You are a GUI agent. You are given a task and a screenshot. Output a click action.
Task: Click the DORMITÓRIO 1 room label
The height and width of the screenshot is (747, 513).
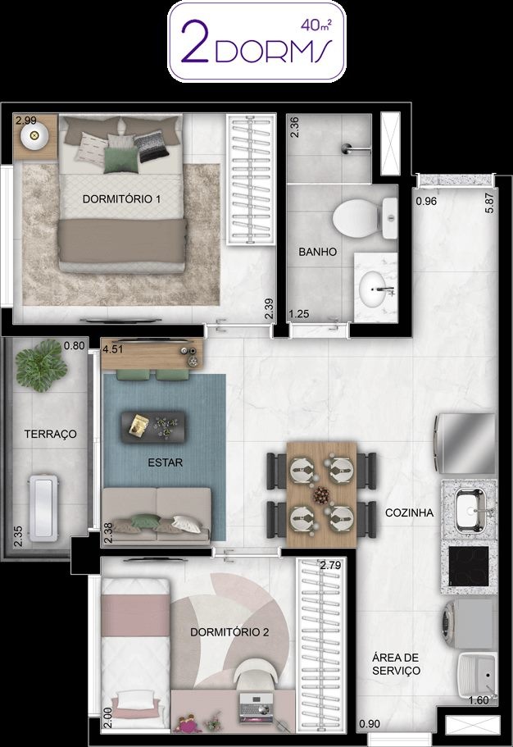(x=121, y=198)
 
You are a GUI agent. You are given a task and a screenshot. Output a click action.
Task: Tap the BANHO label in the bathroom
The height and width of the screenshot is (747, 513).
(x=318, y=252)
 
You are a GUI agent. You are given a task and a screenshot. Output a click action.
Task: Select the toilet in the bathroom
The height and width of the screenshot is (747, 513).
(x=365, y=219)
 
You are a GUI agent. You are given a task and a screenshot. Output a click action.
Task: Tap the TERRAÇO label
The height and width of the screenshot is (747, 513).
(x=51, y=434)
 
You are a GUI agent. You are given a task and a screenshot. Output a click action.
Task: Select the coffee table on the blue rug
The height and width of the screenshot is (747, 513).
(x=153, y=427)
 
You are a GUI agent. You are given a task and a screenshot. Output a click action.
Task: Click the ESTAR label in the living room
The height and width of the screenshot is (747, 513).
(x=166, y=462)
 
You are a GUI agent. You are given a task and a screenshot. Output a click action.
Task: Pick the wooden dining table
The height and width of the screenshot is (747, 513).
(x=321, y=494)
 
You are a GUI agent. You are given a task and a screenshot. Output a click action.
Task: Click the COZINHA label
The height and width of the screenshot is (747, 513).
(x=409, y=512)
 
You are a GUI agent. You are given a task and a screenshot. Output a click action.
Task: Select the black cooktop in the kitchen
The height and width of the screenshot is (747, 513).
(x=469, y=567)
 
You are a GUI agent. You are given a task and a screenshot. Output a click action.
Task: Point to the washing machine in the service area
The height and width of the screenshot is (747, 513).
(x=468, y=625)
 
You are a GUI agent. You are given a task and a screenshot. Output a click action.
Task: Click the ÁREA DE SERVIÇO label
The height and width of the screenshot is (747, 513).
(x=397, y=664)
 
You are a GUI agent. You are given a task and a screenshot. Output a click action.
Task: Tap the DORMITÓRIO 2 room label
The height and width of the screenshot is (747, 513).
(x=229, y=632)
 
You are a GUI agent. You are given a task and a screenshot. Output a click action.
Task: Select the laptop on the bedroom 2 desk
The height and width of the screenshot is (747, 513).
(x=256, y=704)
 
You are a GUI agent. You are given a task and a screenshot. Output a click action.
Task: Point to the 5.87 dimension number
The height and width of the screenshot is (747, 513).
(x=489, y=202)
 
